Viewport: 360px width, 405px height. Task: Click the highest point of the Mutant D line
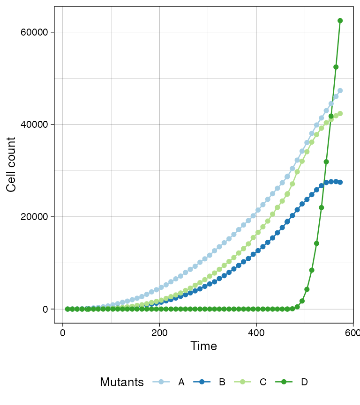tap(340, 21)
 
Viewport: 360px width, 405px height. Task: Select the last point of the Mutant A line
tap(340, 90)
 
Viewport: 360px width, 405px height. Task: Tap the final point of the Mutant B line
tap(340, 182)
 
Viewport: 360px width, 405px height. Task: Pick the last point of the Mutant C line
tap(340, 113)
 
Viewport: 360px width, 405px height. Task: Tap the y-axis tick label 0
tap(45, 309)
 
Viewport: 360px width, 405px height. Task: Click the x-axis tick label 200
tap(159, 332)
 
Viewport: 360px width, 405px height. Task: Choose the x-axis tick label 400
tap(256, 332)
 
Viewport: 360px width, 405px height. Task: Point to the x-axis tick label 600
tap(352, 332)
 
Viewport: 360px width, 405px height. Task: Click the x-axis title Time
tap(203, 346)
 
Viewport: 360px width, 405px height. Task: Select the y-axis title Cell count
tap(12, 164)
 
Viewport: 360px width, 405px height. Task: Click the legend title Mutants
tap(122, 383)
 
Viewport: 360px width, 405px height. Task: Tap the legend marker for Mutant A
tap(161, 383)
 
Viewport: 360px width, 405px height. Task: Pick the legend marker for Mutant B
tap(202, 383)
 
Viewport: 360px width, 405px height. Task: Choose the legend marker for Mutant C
tap(243, 383)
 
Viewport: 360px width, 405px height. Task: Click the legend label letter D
tap(304, 383)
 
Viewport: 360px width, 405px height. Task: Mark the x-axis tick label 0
tap(62, 332)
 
